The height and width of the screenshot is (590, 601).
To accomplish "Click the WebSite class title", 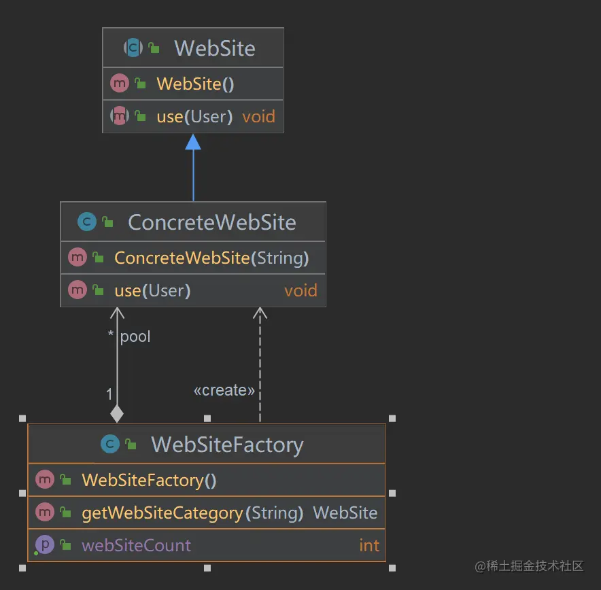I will click(x=214, y=48).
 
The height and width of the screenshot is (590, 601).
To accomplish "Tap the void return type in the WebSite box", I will click(x=258, y=116).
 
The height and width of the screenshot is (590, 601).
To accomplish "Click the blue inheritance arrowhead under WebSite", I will click(x=193, y=142).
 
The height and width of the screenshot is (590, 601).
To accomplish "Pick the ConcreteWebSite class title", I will click(x=211, y=222).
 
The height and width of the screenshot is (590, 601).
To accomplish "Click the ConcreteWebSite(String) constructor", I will click(x=211, y=258).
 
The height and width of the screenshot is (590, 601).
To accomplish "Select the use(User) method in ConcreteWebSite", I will click(x=152, y=291).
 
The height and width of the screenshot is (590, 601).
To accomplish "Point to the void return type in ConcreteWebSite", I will click(x=300, y=291).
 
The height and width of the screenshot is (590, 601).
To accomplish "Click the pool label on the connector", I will click(x=135, y=336).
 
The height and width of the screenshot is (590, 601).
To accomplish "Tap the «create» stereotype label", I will click(x=224, y=390).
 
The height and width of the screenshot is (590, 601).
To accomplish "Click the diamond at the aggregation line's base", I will click(x=117, y=413).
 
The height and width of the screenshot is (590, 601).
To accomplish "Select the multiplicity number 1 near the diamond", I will click(x=109, y=394).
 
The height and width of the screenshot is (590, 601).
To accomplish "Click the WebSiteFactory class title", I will click(x=226, y=445).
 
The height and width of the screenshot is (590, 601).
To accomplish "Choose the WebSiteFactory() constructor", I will click(x=149, y=480).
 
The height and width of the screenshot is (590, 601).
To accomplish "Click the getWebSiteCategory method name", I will click(x=162, y=513).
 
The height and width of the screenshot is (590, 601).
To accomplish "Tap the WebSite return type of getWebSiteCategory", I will click(x=345, y=513).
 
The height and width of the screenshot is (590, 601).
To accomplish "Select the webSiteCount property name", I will click(x=136, y=545).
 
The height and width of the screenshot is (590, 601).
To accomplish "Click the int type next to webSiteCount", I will click(x=369, y=545).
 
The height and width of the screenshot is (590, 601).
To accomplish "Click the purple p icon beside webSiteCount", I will click(x=45, y=544).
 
